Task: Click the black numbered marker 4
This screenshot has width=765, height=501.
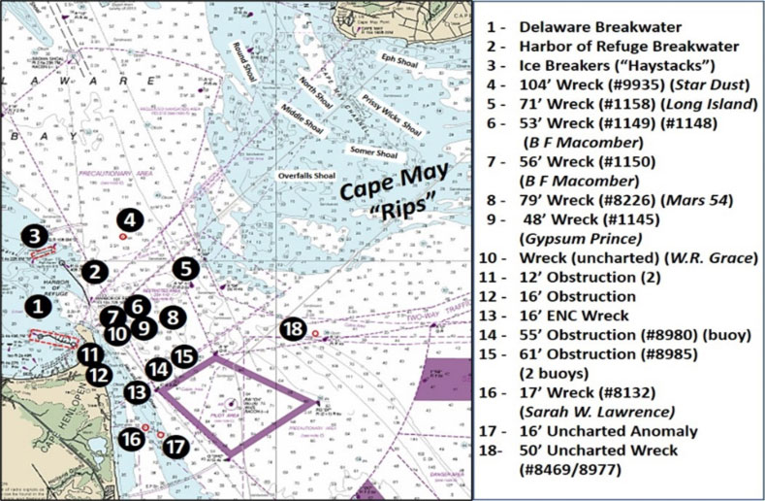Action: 130,220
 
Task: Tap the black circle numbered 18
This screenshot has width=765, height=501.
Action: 293,329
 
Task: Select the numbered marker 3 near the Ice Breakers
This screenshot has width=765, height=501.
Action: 35,235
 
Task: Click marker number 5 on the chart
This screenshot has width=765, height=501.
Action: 186,268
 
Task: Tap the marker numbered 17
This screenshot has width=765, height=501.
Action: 174,448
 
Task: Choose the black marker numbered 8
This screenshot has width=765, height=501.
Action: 172,316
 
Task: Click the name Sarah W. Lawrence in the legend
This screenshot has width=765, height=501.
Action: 595,412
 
